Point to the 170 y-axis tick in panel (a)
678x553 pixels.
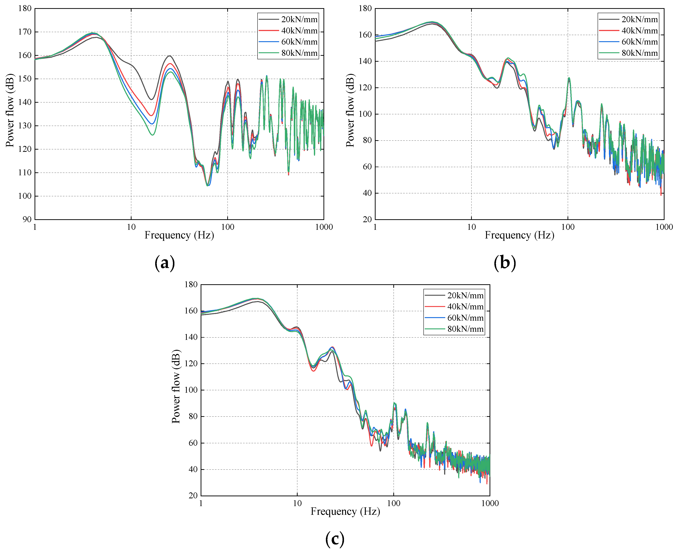tap(25, 32)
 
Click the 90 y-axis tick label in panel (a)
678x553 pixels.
tap(27, 219)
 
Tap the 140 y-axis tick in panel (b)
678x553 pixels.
tap(365, 61)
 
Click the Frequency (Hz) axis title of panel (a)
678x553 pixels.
tap(179, 235)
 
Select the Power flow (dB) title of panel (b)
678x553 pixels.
tap(350, 110)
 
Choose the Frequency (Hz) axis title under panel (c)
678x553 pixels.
tap(345, 512)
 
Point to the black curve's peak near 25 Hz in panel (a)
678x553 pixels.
tap(170, 56)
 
